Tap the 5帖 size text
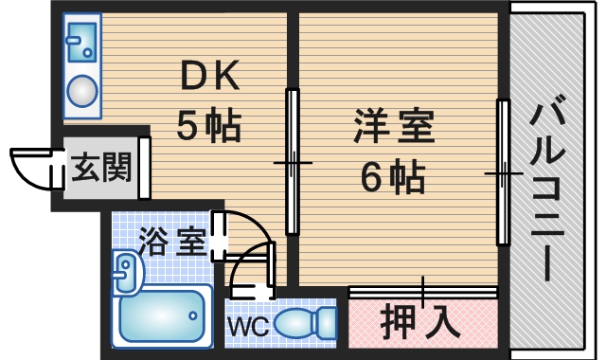coord(208,124)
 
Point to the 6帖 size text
coord(392,174)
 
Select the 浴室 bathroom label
coord(171,241)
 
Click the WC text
coord(248,324)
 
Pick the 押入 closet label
coord(422,321)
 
